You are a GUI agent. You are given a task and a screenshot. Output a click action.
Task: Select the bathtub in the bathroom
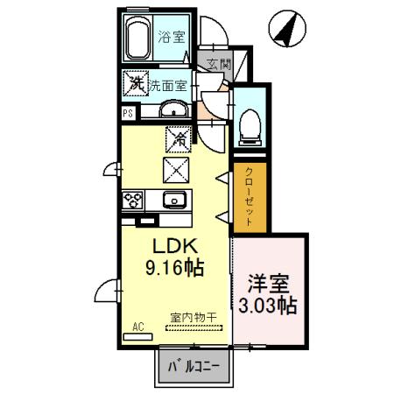point(138,39)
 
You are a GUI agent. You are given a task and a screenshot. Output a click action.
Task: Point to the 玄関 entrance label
point(219,63)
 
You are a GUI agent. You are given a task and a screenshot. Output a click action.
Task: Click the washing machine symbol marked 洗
point(136,84)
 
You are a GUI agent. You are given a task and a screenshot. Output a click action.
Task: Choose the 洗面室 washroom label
point(167,86)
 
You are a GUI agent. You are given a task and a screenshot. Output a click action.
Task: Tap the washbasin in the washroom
point(172,109)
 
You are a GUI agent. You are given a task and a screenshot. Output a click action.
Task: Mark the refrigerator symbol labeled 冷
point(176,137)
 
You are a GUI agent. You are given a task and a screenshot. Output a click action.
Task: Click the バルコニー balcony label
point(195,364)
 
